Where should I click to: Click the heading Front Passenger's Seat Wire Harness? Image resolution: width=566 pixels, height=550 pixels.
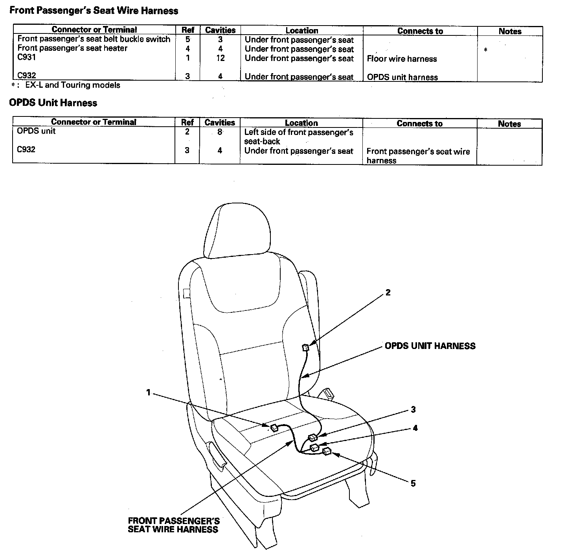click(94, 11)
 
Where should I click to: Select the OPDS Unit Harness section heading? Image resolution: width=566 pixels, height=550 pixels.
click(53, 103)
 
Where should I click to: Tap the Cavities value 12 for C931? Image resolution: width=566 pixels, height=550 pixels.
click(220, 58)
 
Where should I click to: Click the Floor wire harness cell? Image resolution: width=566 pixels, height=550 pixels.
click(402, 59)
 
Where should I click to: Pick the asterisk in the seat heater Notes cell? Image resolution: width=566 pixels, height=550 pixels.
click(486, 50)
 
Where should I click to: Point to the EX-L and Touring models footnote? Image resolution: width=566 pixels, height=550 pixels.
click(73, 85)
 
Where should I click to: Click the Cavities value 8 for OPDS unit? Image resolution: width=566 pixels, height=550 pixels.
click(220, 132)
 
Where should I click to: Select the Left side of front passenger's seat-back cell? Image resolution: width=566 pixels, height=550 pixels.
click(299, 137)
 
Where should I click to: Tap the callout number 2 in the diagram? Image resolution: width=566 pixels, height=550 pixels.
click(388, 292)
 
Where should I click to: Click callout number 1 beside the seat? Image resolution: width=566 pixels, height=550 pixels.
click(148, 392)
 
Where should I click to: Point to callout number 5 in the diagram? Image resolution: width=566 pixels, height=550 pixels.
click(413, 484)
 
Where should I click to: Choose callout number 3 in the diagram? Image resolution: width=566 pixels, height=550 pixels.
click(413, 410)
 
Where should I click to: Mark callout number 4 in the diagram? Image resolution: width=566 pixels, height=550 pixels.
click(415, 428)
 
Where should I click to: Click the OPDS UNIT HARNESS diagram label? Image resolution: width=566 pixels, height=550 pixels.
click(430, 346)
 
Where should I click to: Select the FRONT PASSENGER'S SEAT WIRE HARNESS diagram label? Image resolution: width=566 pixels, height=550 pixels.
click(173, 525)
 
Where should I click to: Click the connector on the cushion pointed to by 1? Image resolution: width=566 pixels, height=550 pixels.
click(274, 428)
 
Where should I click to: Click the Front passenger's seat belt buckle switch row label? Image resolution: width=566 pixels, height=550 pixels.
click(94, 39)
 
